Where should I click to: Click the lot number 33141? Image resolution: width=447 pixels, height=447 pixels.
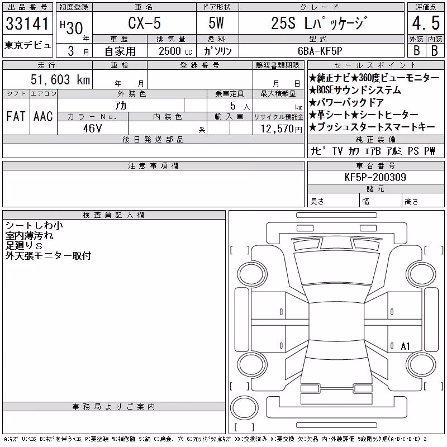(x=27, y=23)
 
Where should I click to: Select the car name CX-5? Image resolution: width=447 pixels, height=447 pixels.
(x=144, y=23)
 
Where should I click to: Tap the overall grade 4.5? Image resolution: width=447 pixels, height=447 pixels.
(x=426, y=23)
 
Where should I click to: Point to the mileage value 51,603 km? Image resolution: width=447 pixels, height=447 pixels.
(x=60, y=79)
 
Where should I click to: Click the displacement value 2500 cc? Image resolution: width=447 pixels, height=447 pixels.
(x=175, y=51)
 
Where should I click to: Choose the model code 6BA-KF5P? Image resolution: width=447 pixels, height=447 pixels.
(x=320, y=51)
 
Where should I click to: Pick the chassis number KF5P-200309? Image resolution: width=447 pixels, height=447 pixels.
(x=375, y=177)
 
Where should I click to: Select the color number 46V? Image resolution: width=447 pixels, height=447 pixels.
(x=92, y=129)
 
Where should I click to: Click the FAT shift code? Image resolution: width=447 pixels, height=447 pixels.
(x=16, y=116)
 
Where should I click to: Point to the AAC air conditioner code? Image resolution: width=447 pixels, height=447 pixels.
(x=43, y=116)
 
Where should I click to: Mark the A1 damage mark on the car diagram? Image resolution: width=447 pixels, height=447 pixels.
(x=405, y=346)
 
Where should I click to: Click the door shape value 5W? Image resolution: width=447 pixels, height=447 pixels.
(x=216, y=23)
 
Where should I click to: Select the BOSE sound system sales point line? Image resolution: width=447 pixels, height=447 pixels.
(x=355, y=90)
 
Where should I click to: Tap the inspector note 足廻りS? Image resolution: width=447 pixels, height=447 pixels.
(x=24, y=246)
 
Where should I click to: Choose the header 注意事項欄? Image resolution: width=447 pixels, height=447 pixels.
(x=153, y=165)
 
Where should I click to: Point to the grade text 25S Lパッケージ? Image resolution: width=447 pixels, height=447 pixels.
(x=318, y=23)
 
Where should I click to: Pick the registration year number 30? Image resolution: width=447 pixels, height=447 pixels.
(x=75, y=28)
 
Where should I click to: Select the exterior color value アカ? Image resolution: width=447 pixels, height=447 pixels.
(x=121, y=106)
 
